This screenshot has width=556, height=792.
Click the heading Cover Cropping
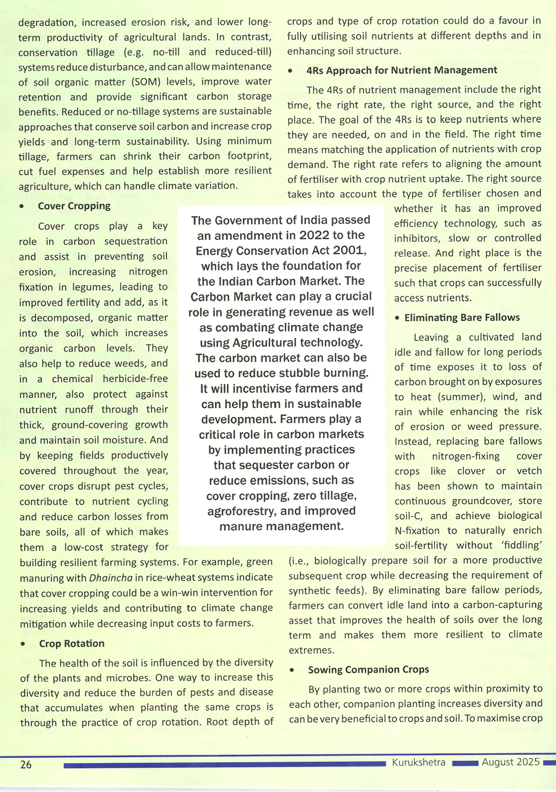(74, 206)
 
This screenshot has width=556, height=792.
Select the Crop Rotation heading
(72, 644)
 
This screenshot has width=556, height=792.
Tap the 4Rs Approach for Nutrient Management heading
(401, 70)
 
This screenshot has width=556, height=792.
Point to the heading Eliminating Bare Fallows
(462, 318)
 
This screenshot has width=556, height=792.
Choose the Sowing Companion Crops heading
(368, 670)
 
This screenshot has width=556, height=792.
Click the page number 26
(26, 765)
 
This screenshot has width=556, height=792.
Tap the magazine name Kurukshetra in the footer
(418, 763)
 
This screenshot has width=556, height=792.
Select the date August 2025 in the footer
(510, 762)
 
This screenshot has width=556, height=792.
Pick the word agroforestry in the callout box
(240, 511)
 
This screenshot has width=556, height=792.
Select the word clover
(471, 471)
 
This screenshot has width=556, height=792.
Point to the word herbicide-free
(135, 379)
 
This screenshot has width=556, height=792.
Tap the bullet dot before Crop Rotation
(23, 644)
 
